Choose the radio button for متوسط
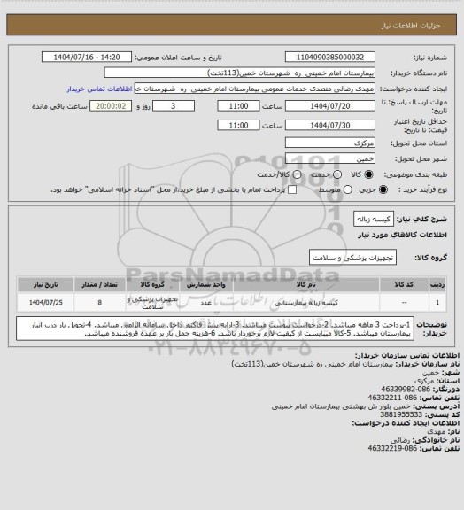coord(310,189)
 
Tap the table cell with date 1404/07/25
coord(41,302)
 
